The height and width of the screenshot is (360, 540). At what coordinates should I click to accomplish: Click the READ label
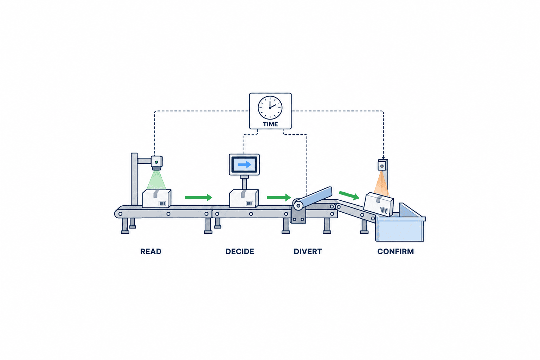pyautogui.click(x=151, y=251)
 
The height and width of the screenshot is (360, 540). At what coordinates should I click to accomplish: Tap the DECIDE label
pyautogui.click(x=240, y=251)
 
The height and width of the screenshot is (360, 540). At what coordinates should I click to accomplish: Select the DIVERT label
pyautogui.click(x=308, y=251)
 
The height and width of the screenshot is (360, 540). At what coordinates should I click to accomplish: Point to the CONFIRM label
pyautogui.click(x=396, y=251)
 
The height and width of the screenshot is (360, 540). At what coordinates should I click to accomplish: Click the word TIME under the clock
pyautogui.click(x=270, y=124)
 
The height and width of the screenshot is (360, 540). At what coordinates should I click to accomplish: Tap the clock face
pyautogui.click(x=270, y=108)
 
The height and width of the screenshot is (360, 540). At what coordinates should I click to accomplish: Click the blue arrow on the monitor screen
pyautogui.click(x=244, y=165)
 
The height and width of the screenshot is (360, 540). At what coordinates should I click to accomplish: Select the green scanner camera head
pyautogui.click(x=157, y=163)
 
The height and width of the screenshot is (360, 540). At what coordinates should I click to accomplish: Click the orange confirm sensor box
pyautogui.click(x=382, y=166)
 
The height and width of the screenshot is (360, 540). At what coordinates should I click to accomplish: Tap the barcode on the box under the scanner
pyautogui.click(x=162, y=204)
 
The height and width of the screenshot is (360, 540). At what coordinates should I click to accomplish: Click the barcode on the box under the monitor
pyautogui.click(x=250, y=204)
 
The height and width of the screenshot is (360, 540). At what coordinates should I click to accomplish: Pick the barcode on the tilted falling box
pyautogui.click(x=384, y=210)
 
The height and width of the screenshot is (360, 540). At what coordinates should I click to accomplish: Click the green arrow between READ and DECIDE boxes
pyautogui.click(x=198, y=198)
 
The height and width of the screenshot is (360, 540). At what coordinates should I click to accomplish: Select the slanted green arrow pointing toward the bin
pyautogui.click(x=349, y=195)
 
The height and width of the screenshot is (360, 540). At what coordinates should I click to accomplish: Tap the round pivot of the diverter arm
pyautogui.click(x=298, y=206)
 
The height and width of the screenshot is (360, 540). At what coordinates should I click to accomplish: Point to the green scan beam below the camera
pyautogui.click(x=156, y=180)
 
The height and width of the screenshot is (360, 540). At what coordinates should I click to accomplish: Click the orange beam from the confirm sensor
pyautogui.click(x=381, y=183)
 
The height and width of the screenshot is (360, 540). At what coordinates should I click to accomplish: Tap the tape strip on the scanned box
pyautogui.click(x=156, y=193)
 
